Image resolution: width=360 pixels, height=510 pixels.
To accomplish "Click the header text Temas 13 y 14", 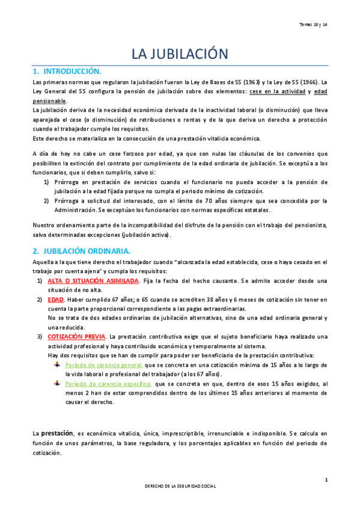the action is click(x=313, y=24).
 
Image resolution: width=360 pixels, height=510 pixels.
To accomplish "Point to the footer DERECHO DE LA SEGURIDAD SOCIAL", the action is click(x=180, y=485).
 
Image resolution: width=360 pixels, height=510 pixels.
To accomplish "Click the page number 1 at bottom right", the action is click(x=326, y=479).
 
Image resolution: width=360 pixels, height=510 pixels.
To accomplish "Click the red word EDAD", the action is click(x=56, y=299).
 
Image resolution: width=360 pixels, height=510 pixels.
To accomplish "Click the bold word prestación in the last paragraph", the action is click(x=57, y=432).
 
